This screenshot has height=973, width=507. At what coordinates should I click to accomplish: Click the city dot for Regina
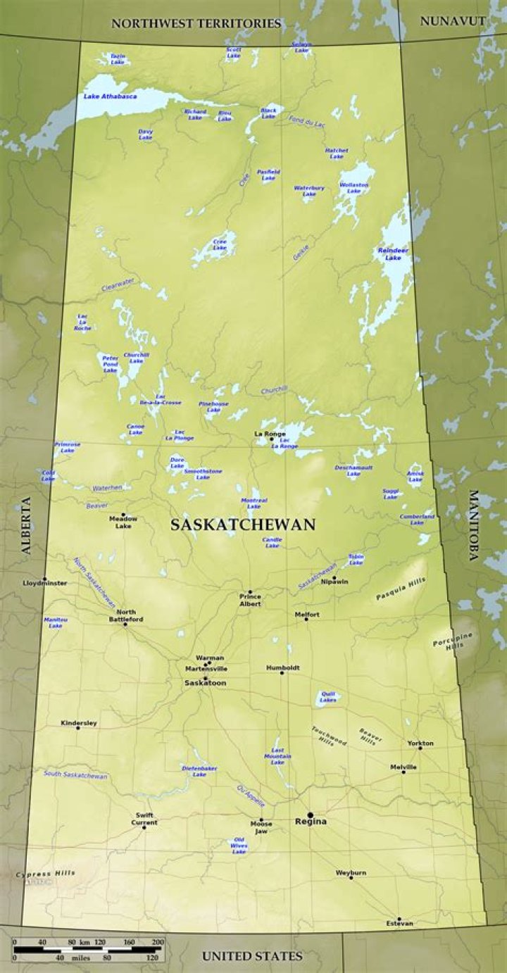coord(311,815)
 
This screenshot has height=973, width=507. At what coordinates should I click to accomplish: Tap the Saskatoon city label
coord(205,683)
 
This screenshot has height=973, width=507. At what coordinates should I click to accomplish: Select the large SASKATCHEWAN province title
coord(242,525)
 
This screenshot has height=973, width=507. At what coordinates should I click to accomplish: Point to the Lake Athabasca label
coord(110,96)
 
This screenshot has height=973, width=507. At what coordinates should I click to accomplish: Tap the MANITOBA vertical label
coord(473,525)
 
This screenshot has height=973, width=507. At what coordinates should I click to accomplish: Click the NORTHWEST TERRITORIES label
coord(196,23)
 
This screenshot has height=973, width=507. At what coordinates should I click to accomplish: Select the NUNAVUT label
coord(452,21)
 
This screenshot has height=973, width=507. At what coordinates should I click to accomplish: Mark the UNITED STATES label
coord(252,955)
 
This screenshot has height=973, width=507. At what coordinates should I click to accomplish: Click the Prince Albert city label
coord(249,600)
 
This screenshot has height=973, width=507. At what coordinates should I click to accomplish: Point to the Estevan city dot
coord(399,919)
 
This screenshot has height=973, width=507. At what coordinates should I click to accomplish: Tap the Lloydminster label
coord(44,584)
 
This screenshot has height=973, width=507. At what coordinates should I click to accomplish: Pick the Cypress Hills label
coord(45,874)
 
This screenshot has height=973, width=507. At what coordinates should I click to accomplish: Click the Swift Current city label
coord(144,819)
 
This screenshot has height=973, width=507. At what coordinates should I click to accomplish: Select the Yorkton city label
coord(420,743)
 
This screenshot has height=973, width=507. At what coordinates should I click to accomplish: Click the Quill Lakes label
coord(327,697)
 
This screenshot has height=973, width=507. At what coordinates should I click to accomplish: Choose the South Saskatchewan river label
coord(75,774)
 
